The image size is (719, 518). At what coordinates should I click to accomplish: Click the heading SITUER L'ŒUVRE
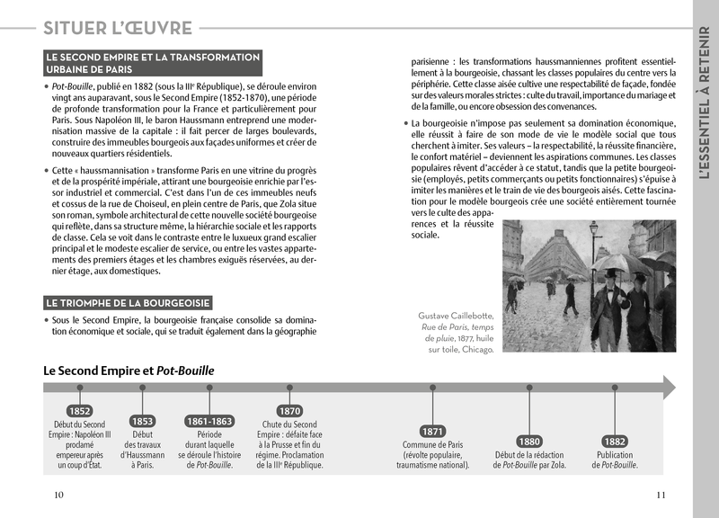click(x=118, y=29)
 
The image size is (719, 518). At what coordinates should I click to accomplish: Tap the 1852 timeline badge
click(x=79, y=411)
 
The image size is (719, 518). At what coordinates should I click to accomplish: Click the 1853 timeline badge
click(x=142, y=420)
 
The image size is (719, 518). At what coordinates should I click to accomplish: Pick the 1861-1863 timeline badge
click(x=209, y=420)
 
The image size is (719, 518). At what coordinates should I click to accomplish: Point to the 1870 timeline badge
click(x=290, y=411)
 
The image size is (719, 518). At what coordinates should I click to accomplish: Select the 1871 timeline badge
click(x=432, y=431)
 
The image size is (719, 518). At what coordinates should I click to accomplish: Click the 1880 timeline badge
click(x=528, y=441)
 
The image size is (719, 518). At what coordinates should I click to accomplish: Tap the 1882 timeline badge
click(x=615, y=441)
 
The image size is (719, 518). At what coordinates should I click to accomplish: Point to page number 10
click(x=59, y=494)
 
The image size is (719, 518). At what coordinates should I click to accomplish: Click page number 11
click(x=661, y=494)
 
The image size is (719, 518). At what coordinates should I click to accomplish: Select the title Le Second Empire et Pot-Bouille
click(x=129, y=370)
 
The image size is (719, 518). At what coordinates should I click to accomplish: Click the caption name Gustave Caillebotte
click(x=456, y=315)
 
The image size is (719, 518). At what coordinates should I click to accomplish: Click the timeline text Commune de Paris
click(x=432, y=444)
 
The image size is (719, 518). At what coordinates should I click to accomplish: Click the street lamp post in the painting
click(x=592, y=261)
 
